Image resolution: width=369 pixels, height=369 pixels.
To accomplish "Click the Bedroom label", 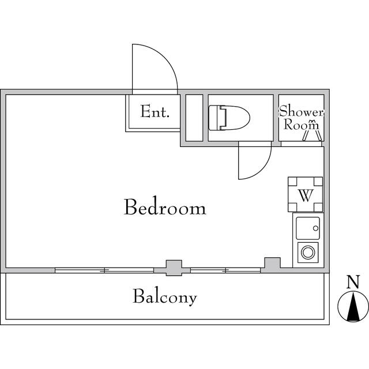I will [165, 207].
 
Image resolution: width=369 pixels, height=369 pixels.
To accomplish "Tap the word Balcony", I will [165, 297].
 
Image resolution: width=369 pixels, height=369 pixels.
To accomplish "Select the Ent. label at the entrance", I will [155, 112].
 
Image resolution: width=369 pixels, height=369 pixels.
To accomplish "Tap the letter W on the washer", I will [305, 194].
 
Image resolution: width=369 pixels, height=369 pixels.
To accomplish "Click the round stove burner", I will [308, 252].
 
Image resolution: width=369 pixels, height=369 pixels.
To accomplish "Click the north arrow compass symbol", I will [352, 307].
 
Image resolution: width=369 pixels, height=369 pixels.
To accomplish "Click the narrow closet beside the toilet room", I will [194, 118].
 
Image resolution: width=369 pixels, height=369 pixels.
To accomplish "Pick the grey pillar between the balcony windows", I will [173, 267].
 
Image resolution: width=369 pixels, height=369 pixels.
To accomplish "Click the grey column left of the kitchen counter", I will [271, 263].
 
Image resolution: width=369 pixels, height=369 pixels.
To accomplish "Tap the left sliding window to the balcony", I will [105, 270].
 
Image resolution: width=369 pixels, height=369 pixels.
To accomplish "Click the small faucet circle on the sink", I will [315, 229].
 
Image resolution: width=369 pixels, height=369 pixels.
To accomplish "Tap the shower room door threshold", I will [302, 144].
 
